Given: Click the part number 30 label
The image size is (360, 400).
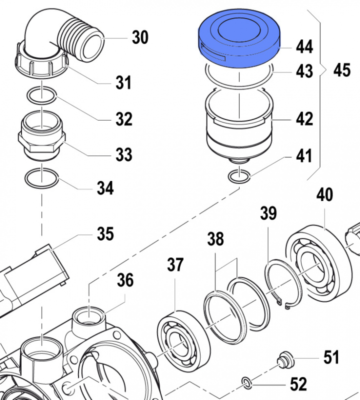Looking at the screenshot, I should [x=140, y=37].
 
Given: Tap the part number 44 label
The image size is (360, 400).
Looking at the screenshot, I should [x=304, y=47].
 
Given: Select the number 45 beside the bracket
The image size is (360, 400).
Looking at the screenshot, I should [x=342, y=70].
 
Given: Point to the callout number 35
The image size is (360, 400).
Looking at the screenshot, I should [x=105, y=233].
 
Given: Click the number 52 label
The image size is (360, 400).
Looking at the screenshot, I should [x=298, y=384].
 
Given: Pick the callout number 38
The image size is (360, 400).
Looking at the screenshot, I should [x=216, y=239].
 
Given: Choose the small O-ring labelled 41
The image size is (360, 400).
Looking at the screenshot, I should [x=238, y=176].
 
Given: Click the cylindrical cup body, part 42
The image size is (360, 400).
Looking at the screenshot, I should [x=238, y=127].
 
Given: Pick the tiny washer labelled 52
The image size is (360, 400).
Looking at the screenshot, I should [x=246, y=383].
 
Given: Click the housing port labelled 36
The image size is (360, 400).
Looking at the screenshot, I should [x=89, y=317].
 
